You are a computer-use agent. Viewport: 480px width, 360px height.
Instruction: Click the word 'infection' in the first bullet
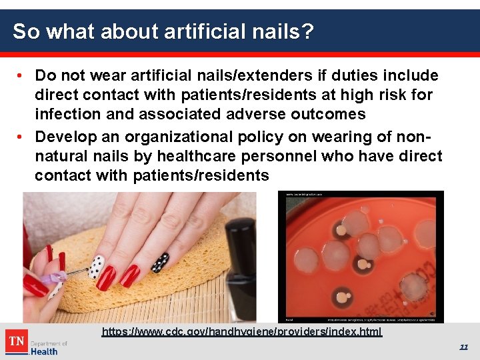[68, 114]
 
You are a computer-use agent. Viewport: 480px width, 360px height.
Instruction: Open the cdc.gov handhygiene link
[242, 331]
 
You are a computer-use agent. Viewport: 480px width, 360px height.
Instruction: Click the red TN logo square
[16, 342]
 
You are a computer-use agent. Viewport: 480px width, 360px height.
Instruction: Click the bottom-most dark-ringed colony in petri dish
[346, 298]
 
